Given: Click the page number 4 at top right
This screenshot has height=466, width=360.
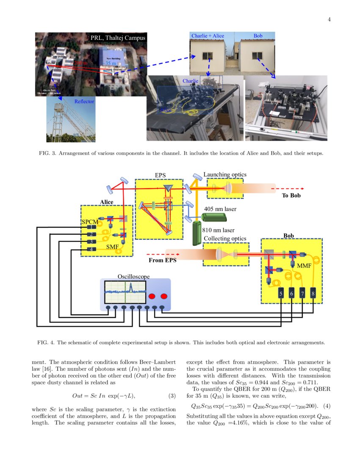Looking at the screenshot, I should coord(329,19).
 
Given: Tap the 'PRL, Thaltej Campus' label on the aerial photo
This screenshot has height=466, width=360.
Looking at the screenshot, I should coord(118,38).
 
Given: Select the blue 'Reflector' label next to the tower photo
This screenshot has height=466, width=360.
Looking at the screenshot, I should coord(84,102).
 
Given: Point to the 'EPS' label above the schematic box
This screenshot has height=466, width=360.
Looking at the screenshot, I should coord(161,175).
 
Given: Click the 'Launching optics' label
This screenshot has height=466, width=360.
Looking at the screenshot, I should coord(225,175).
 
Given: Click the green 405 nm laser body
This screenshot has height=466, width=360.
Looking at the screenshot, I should coord(213,217).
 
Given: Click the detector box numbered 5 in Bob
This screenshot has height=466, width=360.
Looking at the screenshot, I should coord(281,293).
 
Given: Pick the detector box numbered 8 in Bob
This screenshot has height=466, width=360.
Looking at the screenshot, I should coord(313,293).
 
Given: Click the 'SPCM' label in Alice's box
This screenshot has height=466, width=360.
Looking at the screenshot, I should coord(90,222).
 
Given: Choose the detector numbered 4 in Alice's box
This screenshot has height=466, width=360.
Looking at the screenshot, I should coord(90,250).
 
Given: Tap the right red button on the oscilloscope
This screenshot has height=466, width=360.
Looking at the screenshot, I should coord(164,296).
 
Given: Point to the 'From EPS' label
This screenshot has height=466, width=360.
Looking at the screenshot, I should coord(162,260).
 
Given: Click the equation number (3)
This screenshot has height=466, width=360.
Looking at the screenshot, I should coord(172,396).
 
